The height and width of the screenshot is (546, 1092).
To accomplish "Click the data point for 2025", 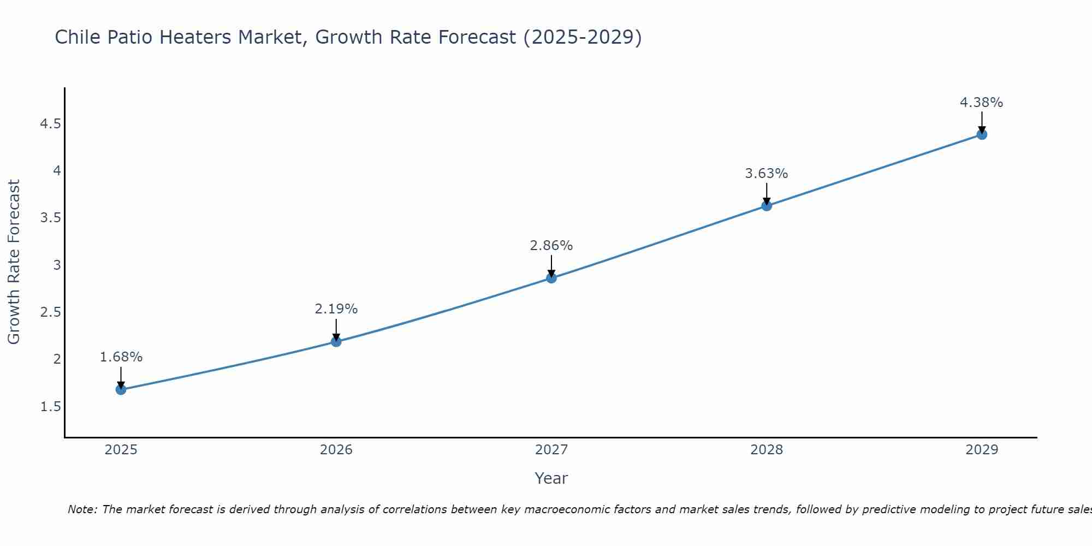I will [x=121, y=389].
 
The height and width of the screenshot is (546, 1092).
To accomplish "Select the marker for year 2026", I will [x=336, y=342].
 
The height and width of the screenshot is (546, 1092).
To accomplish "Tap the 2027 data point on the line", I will [x=551, y=278].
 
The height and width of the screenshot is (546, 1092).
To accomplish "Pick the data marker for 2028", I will [x=767, y=206].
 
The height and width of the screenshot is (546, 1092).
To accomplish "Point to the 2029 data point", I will [x=982, y=134].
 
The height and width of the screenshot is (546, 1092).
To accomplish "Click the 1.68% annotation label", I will [x=121, y=357].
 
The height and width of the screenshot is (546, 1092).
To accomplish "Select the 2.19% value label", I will [x=336, y=309].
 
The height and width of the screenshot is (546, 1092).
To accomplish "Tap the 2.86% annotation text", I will [x=551, y=246].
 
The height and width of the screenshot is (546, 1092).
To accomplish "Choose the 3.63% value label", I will [x=767, y=174].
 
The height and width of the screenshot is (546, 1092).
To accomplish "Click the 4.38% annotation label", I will [x=982, y=103].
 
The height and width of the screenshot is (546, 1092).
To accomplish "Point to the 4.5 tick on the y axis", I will [x=50, y=124].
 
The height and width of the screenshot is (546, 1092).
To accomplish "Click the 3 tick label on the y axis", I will [x=57, y=265].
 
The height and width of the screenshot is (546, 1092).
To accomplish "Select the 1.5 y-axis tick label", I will [x=50, y=407].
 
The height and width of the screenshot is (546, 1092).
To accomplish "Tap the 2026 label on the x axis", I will [x=336, y=450].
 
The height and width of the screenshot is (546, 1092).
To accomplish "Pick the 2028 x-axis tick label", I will [x=767, y=450].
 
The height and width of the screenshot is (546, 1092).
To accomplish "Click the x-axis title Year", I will [x=551, y=478].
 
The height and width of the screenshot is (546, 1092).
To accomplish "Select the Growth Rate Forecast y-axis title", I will [x=14, y=262].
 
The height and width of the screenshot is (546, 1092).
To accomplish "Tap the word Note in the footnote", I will [x=82, y=509].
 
